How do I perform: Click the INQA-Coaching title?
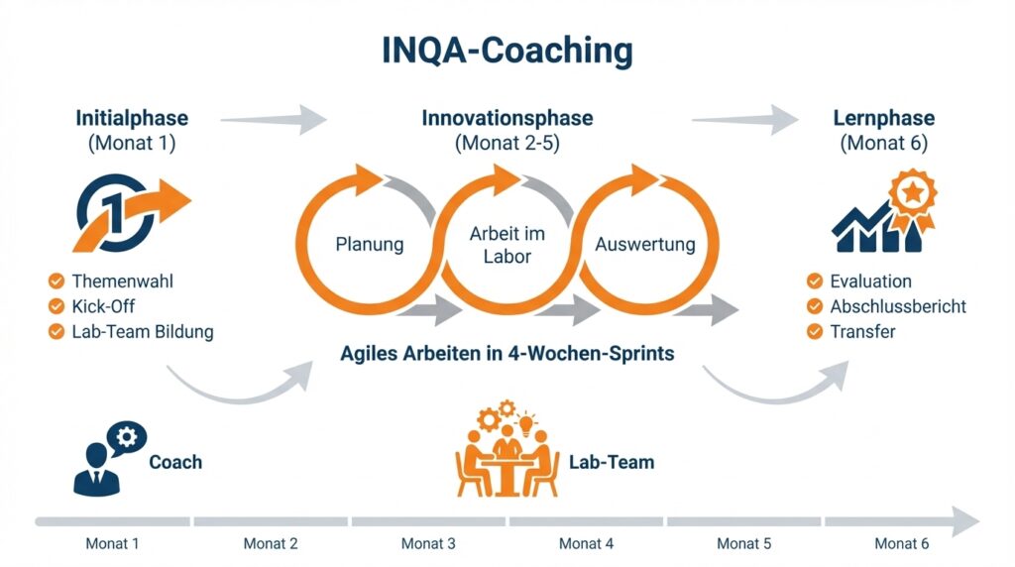pos(507,51)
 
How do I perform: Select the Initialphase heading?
pos(132,118)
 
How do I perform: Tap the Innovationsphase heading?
pos(507,118)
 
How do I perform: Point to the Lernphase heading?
pos(883,118)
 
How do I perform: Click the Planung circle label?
pos(369,244)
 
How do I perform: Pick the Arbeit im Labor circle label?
pos(507,245)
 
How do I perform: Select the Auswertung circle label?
pos(644,244)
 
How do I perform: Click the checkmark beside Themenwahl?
pos(56,282)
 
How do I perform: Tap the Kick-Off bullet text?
pos(103,306)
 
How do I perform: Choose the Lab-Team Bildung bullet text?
pos(143,331)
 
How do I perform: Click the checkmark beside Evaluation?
pos(815,282)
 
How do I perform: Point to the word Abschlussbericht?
pos(898,306)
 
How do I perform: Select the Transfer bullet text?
pos(862,331)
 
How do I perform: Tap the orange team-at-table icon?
pos(507,451)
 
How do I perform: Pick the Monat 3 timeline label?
pos(428,543)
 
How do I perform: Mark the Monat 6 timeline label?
pos(901,543)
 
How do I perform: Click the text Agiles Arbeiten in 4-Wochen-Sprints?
pos(507,354)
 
